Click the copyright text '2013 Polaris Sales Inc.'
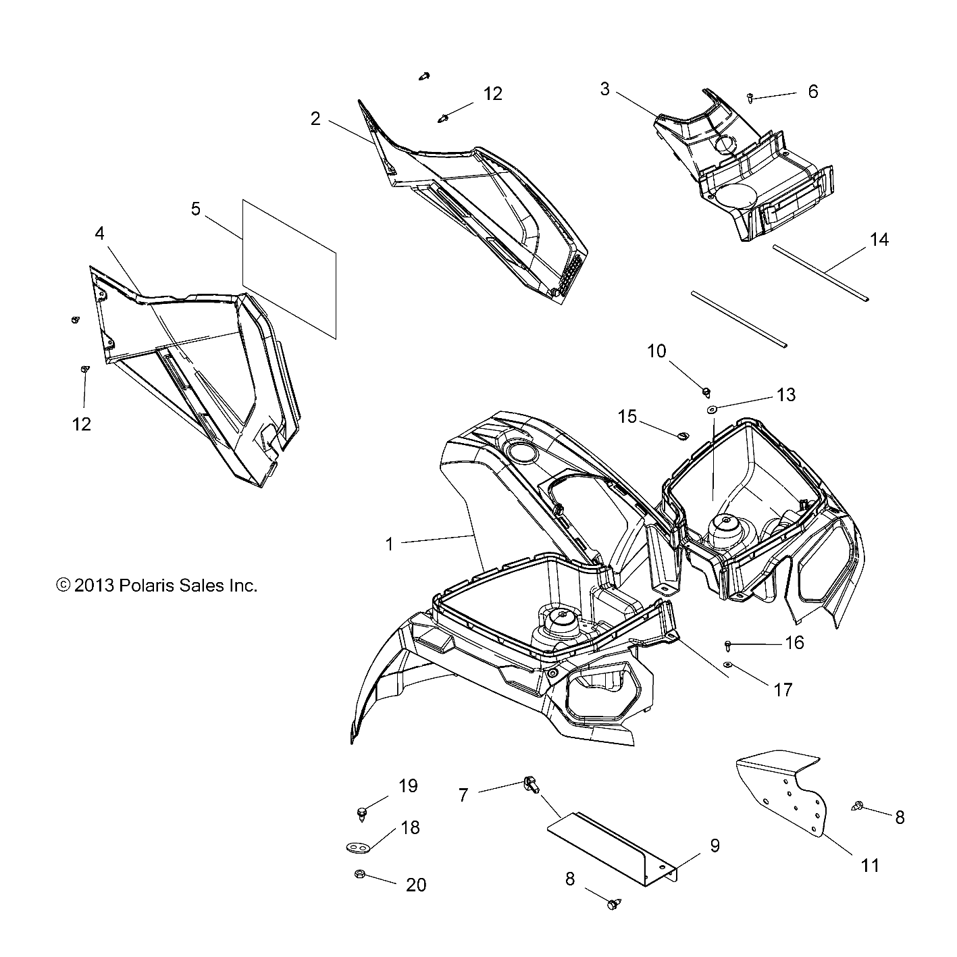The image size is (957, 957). coord(157,586)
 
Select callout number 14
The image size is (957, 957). coord(879,239)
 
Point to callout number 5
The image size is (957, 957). coord(196,209)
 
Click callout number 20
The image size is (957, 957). coord(416,885)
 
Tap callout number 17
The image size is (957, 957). coord(783,690)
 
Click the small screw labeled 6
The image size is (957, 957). coord(751,99)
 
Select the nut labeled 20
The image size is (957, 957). coord(359,875)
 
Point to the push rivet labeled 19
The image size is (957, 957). coord(363,812)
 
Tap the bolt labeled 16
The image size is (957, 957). coord(729,645)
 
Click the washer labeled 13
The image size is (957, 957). coord(713,409)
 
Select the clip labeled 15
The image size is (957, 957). coord(682,436)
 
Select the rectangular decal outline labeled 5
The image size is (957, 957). coord(288,268)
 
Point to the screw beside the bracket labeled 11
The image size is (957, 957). coord(858,805)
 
